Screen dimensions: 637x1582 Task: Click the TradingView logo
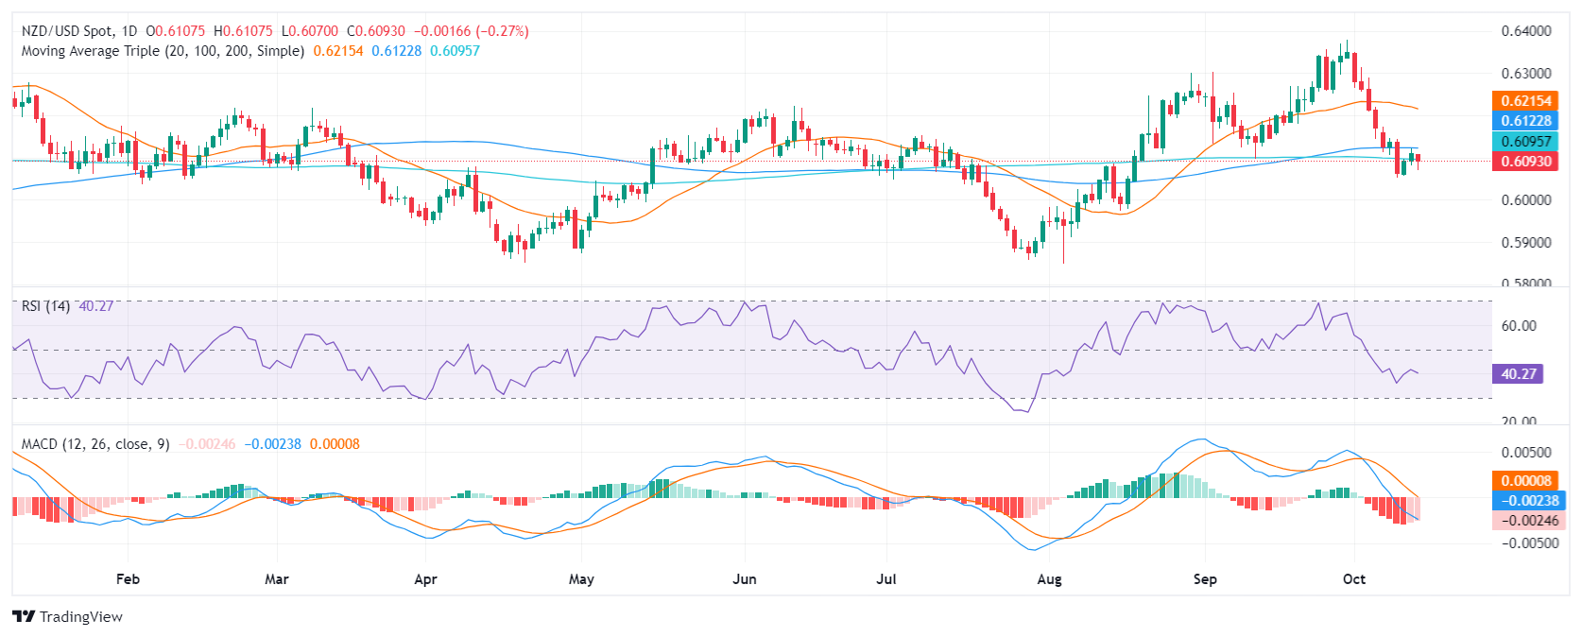(67, 617)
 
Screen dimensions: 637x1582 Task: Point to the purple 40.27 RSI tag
(1519, 374)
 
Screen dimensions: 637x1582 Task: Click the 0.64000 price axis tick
(1525, 31)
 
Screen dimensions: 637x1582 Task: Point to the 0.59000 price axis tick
(1525, 242)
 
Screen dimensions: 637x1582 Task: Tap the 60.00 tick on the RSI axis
(1519, 326)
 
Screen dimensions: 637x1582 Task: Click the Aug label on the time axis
(1049, 579)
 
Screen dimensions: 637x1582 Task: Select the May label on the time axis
(581, 579)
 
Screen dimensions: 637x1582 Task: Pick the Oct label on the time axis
(1354, 579)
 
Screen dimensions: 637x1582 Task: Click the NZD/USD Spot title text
(66, 31)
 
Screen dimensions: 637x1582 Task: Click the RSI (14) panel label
(45, 306)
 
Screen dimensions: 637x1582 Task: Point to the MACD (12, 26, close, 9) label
(95, 444)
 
